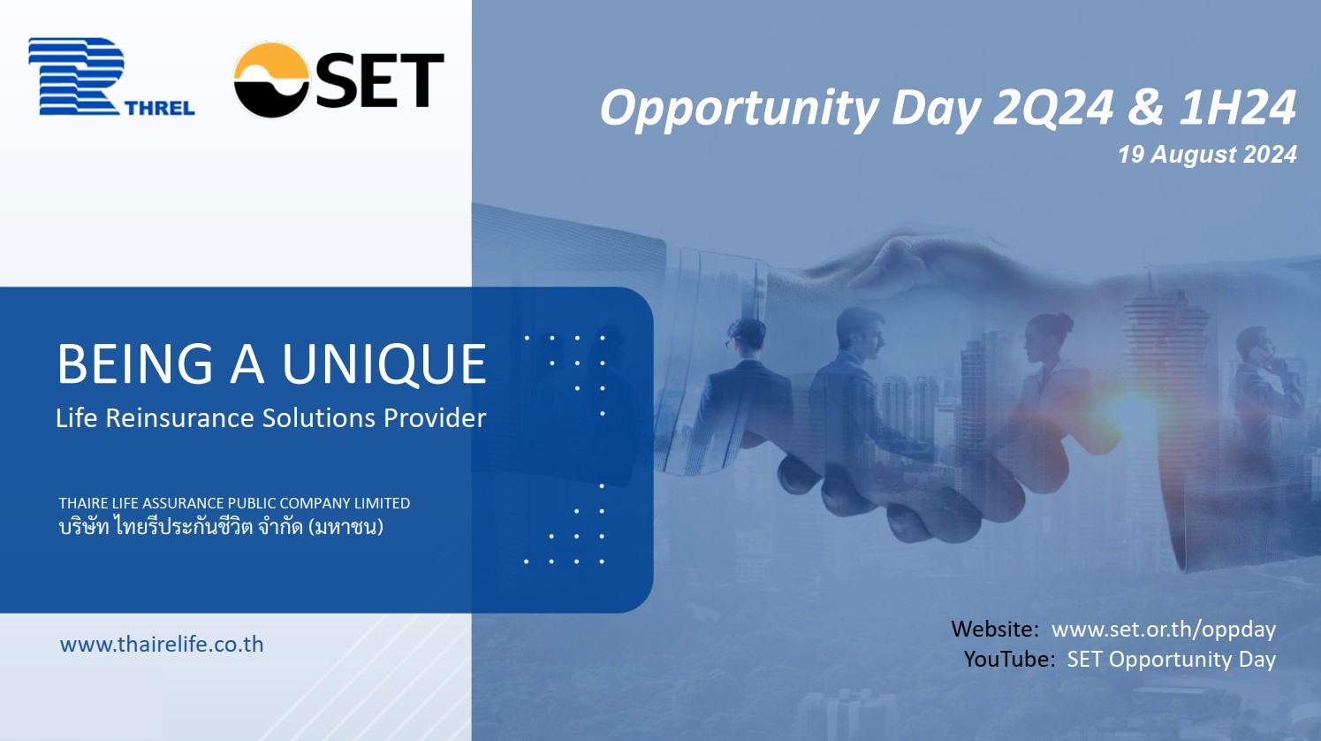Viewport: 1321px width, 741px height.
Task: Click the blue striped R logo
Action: click(77, 76)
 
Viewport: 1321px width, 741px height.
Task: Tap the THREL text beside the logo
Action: click(160, 108)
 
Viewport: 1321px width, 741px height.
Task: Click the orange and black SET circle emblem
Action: click(271, 80)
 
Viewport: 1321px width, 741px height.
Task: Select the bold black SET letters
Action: click(380, 80)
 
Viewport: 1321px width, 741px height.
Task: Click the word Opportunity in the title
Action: click(740, 109)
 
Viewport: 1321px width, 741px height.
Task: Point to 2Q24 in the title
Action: click(1052, 107)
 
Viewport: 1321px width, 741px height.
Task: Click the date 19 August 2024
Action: click(1207, 155)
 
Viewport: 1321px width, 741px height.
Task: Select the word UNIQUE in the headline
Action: click(384, 364)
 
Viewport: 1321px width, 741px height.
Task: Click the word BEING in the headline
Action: click(134, 364)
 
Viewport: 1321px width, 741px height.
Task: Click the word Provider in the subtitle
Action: click(435, 417)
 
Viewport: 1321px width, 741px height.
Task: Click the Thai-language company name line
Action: click(221, 526)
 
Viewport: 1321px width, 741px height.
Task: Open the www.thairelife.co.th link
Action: click(162, 645)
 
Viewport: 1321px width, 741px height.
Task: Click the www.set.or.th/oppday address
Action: click(1164, 630)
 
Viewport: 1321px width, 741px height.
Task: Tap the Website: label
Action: click(995, 629)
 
